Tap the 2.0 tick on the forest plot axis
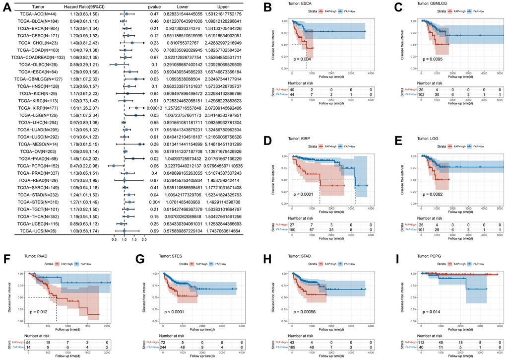click(144, 239)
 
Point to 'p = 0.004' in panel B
click(299, 59)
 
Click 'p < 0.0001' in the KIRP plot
click(304, 194)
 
